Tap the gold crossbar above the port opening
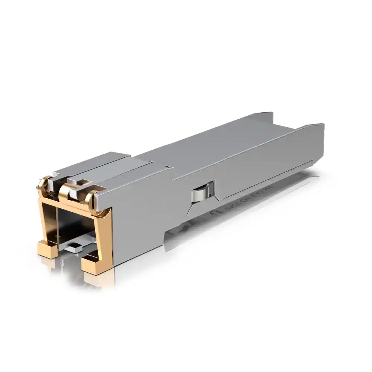[71, 204]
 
